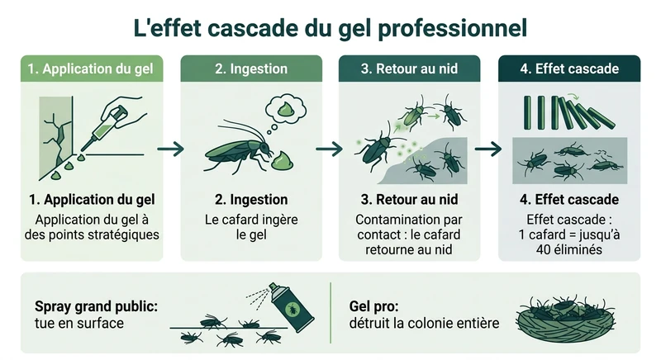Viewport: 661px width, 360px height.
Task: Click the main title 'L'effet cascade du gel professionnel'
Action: [x=330, y=26]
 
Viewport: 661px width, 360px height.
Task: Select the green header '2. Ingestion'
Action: [x=251, y=69]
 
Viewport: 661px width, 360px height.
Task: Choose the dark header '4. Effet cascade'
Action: [x=569, y=69]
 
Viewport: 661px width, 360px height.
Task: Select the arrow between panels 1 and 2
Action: [x=170, y=149]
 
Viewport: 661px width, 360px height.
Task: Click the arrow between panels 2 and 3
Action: [x=329, y=149]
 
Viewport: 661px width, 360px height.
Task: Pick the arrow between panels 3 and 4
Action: [x=487, y=149]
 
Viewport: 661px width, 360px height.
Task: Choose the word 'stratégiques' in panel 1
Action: [x=121, y=234]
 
